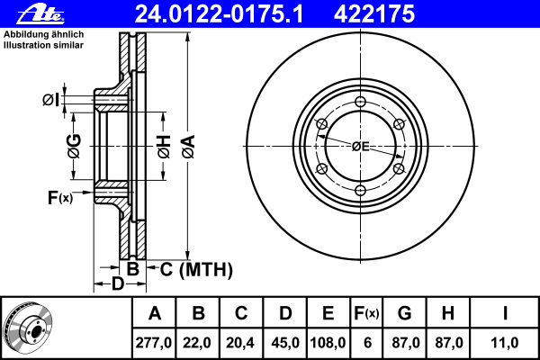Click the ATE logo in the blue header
point(40,14)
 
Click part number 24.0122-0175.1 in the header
point(219,14)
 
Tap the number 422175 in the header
point(374,14)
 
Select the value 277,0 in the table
point(154,343)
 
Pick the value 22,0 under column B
point(197,343)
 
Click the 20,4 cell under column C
point(240,343)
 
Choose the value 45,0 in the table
point(285,343)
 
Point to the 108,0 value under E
point(328,343)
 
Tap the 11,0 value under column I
point(505,343)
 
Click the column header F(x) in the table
point(366,313)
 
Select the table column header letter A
point(155,313)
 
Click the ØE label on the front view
point(361,147)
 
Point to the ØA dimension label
point(188,147)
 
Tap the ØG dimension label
point(74,146)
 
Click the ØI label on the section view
point(50,100)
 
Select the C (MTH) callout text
point(196,269)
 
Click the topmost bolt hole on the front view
point(360,102)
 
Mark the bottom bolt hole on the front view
point(360,191)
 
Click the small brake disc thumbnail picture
point(28,327)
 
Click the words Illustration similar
point(43,45)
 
